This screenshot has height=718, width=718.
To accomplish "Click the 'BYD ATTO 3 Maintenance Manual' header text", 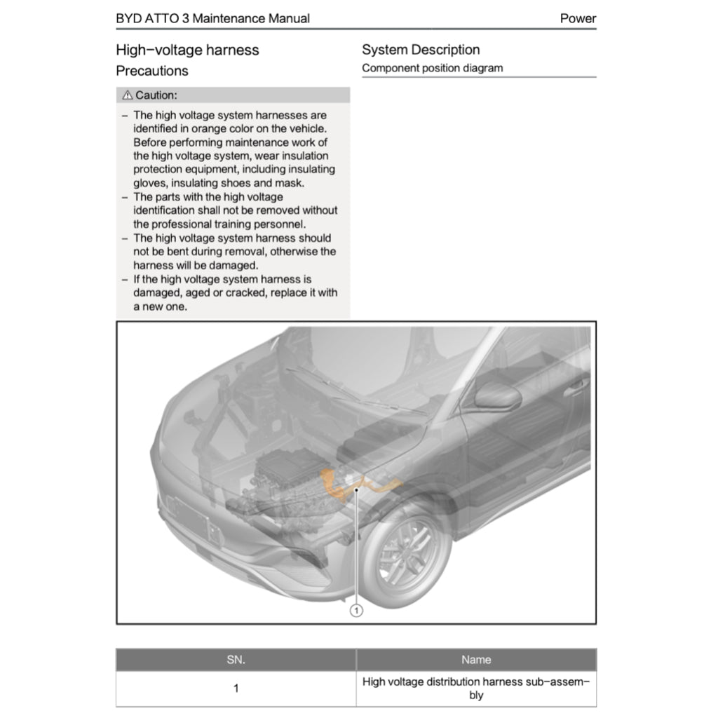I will tap(212, 19).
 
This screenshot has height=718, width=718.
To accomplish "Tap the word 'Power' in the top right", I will tap(578, 19).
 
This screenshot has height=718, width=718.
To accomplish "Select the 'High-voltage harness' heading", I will tap(187, 50).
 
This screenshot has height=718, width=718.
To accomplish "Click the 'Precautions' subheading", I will tap(152, 71).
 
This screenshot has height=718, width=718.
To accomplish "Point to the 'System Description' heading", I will tap(421, 50).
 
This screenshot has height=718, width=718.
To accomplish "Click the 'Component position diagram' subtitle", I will tap(432, 68).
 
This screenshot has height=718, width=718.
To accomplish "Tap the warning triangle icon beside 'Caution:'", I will tap(127, 95).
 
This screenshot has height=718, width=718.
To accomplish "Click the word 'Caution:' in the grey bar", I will tap(156, 95).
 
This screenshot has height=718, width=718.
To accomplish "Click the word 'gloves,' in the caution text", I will tap(151, 183).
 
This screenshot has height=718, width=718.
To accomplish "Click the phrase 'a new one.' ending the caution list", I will tap(160, 306).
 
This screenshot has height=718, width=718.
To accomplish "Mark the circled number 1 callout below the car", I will tap(356, 611).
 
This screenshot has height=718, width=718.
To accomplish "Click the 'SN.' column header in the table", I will tap(236, 660).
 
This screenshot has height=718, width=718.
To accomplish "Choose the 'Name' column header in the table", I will tap(476, 660).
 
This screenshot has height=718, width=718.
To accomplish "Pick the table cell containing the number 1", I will tap(236, 689).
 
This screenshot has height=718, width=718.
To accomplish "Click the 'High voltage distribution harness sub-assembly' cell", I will tap(476, 689).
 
